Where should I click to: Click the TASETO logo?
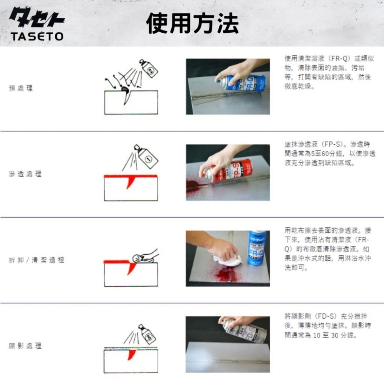(37, 25)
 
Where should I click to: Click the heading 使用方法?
(192, 23)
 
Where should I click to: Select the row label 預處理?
(21, 88)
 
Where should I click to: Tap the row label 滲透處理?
(25, 174)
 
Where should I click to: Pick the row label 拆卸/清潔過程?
(36, 260)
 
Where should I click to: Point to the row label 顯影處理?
(25, 346)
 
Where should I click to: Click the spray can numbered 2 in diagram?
(149, 69)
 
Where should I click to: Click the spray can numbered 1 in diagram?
(147, 155)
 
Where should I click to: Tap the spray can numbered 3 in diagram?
(147, 334)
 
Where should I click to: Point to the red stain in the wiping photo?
(223, 275)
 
